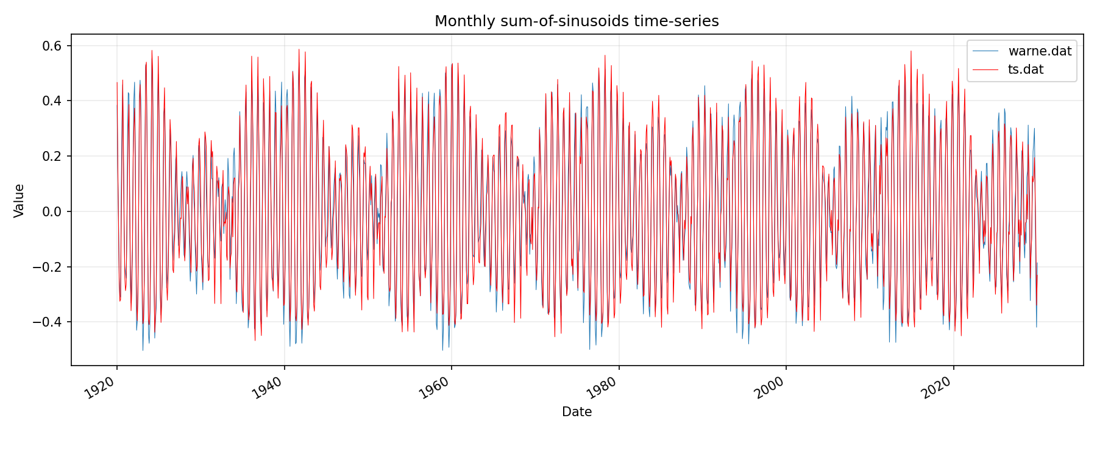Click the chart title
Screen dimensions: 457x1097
577,21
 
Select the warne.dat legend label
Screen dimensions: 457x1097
1040,51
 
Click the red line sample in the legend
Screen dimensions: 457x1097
985,69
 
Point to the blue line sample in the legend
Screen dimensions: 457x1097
985,51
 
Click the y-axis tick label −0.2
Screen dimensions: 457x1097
50,267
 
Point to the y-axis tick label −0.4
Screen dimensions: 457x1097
50,322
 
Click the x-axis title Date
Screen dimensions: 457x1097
577,412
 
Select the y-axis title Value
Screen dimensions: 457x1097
20,200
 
